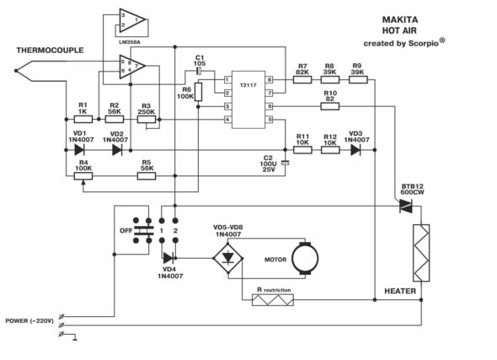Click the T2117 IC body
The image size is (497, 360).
pyautogui.click(x=248, y=99)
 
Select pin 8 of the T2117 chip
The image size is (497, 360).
pyautogui.click(x=269, y=79)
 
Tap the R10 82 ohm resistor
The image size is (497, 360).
pyautogui.click(x=330, y=106)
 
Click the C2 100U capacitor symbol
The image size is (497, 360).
pyautogui.click(x=286, y=163)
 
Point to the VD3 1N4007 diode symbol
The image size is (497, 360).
pyautogui.click(x=355, y=150)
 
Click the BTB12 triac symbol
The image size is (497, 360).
pyautogui.click(x=405, y=206)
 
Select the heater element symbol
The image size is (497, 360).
pyautogui.click(x=421, y=253)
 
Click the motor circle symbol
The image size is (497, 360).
pyautogui.click(x=305, y=258)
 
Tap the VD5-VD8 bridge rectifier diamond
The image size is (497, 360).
pyautogui.click(x=228, y=258)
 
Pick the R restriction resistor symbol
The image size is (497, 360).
pyautogui.click(x=273, y=300)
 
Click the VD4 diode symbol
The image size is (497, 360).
pyautogui.click(x=168, y=258)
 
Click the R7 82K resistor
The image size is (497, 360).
pyautogui.click(x=302, y=79)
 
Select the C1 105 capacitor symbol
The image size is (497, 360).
pyautogui.click(x=199, y=72)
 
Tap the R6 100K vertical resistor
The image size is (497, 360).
pyautogui.click(x=198, y=92)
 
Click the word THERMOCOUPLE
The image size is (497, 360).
pyautogui.click(x=50, y=50)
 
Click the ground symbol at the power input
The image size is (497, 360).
pyautogui.click(x=75, y=337)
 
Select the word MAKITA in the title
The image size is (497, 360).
pyautogui.click(x=400, y=19)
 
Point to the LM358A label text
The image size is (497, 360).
pyautogui.click(x=127, y=41)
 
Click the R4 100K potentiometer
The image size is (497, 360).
pyautogui.click(x=83, y=176)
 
